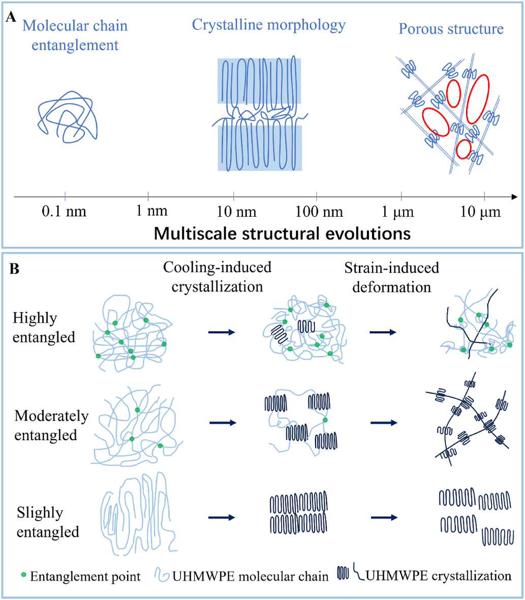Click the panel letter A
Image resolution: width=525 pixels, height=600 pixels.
pos(10,18)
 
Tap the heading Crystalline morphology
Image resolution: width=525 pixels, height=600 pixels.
pos(269,24)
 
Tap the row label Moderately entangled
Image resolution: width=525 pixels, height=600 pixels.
pos(51,425)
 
